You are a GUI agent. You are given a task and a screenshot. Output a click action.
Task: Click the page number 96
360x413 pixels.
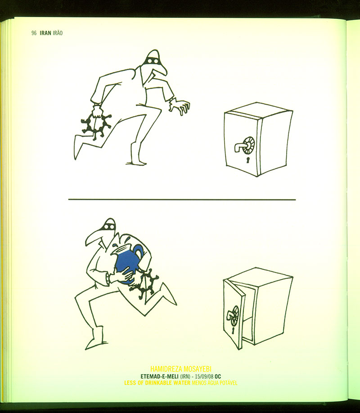[x=34, y=33]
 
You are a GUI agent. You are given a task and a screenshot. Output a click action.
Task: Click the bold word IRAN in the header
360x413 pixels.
[x=45, y=33]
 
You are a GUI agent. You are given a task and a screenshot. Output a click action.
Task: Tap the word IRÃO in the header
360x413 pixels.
[x=58, y=33]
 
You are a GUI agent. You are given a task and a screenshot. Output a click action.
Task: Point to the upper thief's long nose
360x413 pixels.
[x=161, y=69]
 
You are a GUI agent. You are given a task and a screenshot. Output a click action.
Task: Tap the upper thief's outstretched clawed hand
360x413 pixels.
[x=180, y=107]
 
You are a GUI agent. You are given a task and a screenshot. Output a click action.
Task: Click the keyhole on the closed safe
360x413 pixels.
[x=248, y=160]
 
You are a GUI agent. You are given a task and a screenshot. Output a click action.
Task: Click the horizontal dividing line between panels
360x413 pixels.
[x=182, y=200]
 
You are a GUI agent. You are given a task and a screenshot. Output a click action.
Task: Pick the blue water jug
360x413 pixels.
[x=128, y=261]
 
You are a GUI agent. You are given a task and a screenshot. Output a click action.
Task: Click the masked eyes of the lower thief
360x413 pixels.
[x=109, y=226]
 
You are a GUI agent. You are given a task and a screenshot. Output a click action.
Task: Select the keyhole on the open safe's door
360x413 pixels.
[x=233, y=331]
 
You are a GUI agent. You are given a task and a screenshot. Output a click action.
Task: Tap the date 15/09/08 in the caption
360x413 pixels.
[x=204, y=377]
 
